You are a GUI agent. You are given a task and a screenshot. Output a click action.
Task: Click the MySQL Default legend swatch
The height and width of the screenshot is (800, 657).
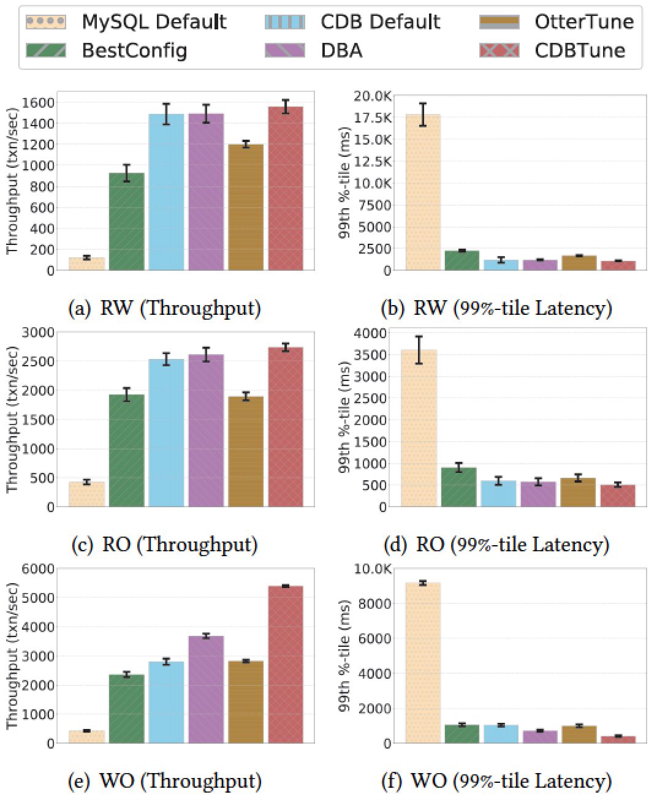point(45,22)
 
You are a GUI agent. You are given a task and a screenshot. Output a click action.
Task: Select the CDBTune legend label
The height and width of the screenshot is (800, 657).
point(579,50)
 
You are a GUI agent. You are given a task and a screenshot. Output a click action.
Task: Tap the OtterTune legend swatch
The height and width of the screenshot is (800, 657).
point(499,22)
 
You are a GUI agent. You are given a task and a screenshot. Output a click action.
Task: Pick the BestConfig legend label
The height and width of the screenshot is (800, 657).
point(134,50)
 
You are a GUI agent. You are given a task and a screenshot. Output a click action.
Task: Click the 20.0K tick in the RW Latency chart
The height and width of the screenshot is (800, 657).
point(373,96)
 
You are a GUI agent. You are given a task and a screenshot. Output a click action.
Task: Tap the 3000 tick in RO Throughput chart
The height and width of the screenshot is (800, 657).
point(39,333)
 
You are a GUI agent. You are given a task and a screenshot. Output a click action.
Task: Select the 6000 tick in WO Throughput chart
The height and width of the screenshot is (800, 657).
point(39,569)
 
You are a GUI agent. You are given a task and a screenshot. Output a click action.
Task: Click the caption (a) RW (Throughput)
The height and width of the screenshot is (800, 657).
point(164,308)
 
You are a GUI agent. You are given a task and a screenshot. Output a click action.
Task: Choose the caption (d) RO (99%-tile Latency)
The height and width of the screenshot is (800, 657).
point(496,544)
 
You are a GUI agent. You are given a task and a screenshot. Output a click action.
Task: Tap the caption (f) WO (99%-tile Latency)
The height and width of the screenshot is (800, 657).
point(496,780)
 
